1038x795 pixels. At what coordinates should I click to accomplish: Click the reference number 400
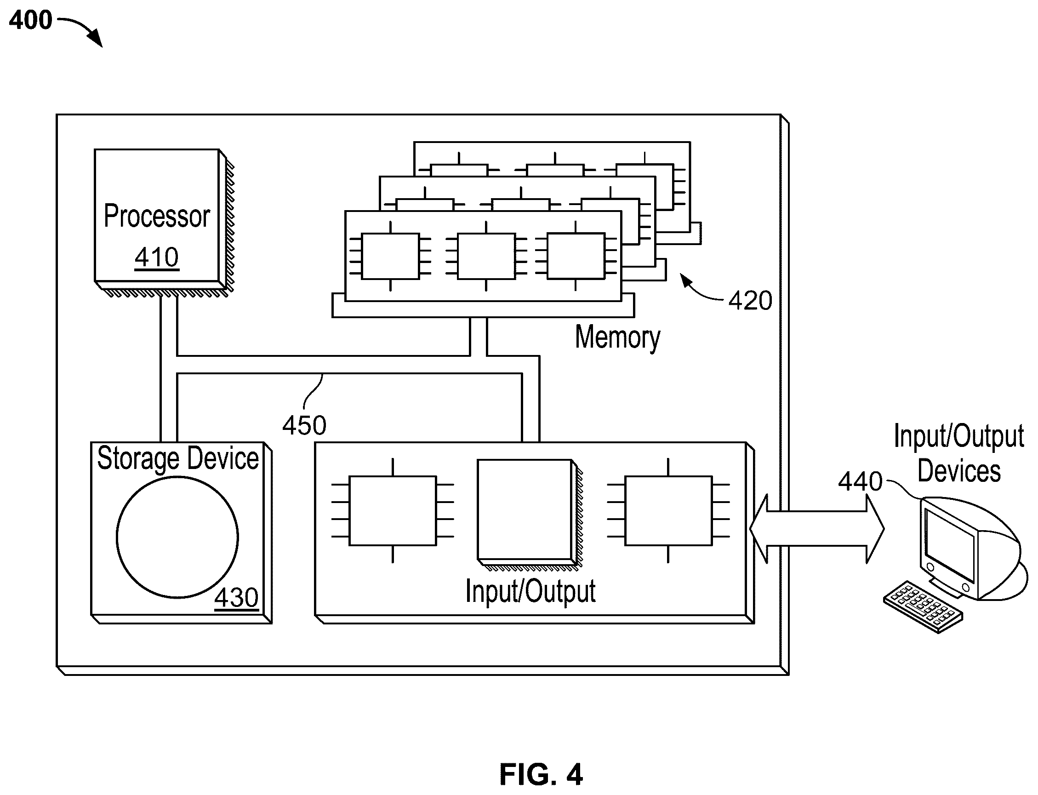click(x=31, y=20)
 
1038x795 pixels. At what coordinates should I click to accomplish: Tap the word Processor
click(x=157, y=216)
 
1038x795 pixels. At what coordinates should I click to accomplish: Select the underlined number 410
click(x=157, y=258)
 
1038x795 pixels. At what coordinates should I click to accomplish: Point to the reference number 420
click(x=750, y=301)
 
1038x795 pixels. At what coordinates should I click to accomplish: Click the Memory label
click(x=617, y=337)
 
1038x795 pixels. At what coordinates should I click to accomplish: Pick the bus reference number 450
click(x=304, y=425)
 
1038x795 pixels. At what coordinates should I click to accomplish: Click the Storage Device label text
click(x=178, y=458)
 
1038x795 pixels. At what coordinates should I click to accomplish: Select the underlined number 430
click(x=237, y=598)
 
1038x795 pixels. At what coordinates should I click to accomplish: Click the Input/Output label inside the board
click(x=530, y=591)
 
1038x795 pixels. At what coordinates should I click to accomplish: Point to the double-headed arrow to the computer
click(x=816, y=529)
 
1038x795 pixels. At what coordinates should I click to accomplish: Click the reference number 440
click(x=860, y=482)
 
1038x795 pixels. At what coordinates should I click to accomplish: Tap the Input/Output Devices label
click(x=959, y=453)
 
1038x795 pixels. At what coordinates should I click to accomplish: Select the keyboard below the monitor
click(x=923, y=606)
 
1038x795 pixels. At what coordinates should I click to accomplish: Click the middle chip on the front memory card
click(x=486, y=256)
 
